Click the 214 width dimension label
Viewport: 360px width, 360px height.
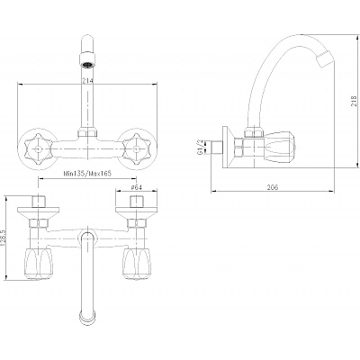tap(89, 81)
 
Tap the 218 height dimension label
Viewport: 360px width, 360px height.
tap(354, 101)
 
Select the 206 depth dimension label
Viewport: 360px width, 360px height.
tap(273, 187)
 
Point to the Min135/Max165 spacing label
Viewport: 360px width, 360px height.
tap(85, 174)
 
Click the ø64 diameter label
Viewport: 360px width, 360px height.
tap(136, 187)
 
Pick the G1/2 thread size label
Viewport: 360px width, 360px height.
tap(200, 147)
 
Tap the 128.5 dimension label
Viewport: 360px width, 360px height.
tap(4, 238)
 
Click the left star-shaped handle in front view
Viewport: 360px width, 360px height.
tap(37, 148)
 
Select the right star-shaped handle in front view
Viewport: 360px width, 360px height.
tap(136, 148)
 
